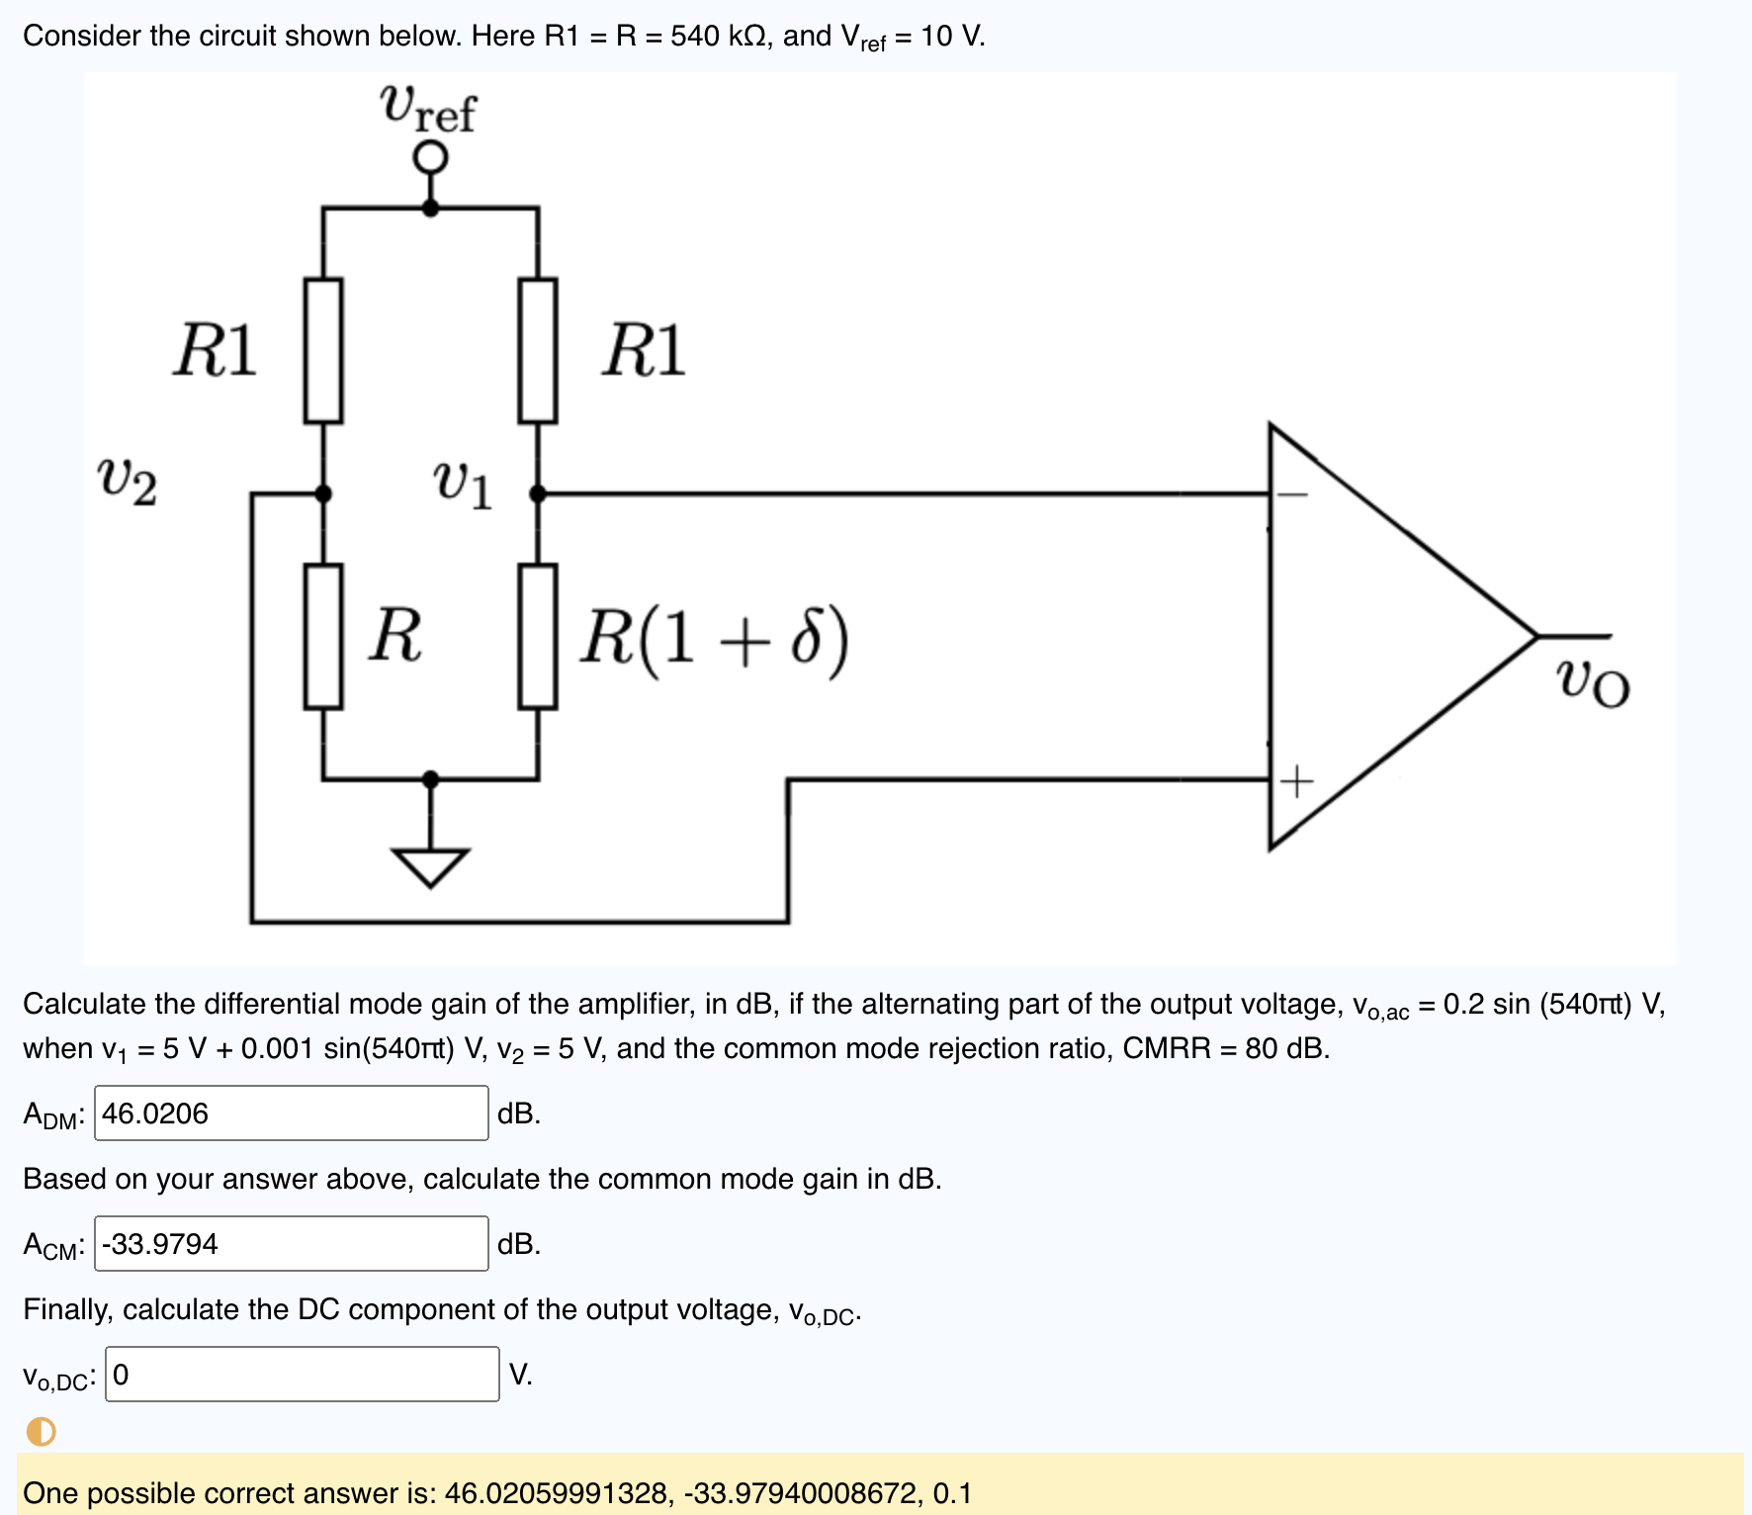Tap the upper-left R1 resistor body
(323, 351)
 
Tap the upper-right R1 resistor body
(538, 351)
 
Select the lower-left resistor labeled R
(323, 637)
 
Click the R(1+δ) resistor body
(538, 637)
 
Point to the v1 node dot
(538, 492)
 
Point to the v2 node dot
(323, 492)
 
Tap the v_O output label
(1592, 682)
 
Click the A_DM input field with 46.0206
(292, 1114)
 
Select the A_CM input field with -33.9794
(292, 1244)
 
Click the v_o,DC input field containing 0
(302, 1375)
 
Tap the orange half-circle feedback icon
(42, 1431)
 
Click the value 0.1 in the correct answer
(952, 1493)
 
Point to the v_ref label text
(428, 108)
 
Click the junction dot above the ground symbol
(430, 779)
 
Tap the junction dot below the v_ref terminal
(430, 208)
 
